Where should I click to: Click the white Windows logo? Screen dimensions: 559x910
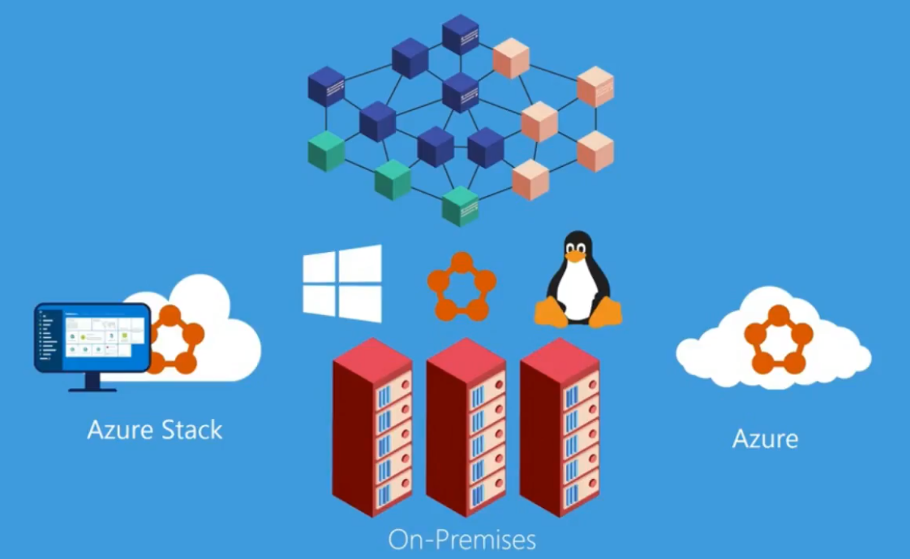(x=342, y=283)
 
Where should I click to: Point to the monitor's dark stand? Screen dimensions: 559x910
(x=92, y=383)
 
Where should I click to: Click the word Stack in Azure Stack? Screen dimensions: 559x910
(x=191, y=429)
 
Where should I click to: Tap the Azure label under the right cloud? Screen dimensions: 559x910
(x=765, y=438)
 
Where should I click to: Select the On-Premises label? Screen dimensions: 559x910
(x=461, y=539)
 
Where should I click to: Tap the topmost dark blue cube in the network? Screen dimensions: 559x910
(x=461, y=34)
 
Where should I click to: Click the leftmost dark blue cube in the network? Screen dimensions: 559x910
(x=326, y=87)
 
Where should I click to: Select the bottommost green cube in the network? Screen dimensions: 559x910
(x=460, y=206)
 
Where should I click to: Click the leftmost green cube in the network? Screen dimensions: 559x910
(x=326, y=151)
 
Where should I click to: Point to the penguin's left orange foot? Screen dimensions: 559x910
(x=550, y=312)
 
